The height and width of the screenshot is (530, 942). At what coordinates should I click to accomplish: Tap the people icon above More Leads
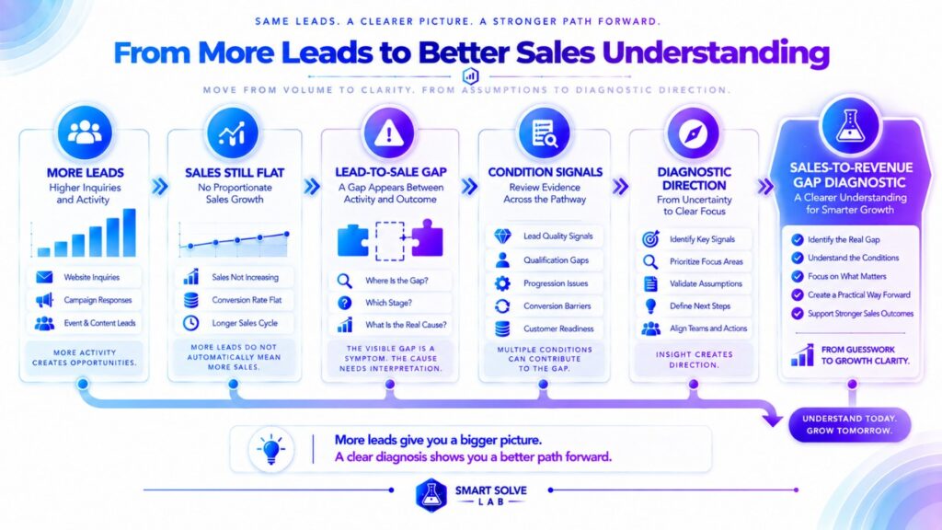[x=85, y=132]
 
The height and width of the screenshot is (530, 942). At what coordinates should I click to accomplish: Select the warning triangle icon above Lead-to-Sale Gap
[x=389, y=133]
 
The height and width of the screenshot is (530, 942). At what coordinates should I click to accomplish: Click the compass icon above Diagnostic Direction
[x=693, y=133]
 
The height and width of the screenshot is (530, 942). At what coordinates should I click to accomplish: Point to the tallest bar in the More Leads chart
[x=129, y=233]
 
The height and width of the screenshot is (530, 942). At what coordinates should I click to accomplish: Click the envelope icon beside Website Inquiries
[x=44, y=277]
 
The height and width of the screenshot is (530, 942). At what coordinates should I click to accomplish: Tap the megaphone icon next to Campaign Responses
[x=44, y=300]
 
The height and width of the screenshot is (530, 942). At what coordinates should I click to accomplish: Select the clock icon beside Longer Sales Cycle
[x=191, y=323]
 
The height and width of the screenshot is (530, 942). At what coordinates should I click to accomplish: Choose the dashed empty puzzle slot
[x=390, y=241]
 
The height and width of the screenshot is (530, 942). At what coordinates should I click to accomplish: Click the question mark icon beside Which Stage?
[x=345, y=303]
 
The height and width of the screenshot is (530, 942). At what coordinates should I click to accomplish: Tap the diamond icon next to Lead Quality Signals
[x=503, y=236]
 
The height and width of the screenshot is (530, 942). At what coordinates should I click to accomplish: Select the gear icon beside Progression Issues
[x=502, y=283]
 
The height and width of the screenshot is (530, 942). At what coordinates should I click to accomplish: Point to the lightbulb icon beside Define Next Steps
[x=650, y=305]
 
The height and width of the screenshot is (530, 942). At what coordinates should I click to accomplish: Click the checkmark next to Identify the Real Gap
[x=798, y=240]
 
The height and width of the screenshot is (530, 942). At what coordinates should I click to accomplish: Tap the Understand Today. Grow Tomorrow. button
[x=849, y=425]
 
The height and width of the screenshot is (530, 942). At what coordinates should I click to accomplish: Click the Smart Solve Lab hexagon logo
[x=431, y=494]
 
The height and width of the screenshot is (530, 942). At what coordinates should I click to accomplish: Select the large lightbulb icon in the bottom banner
[x=271, y=449]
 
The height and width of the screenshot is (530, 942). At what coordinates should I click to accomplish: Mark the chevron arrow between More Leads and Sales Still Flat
[x=160, y=186]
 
